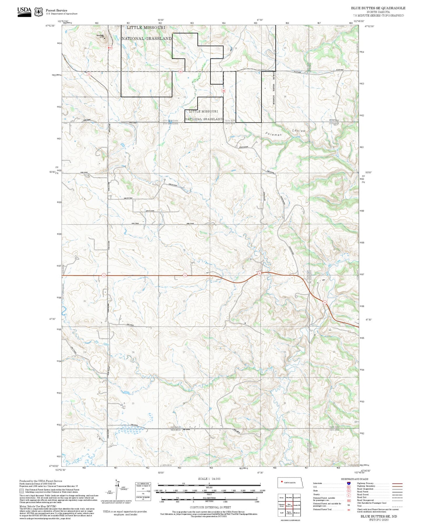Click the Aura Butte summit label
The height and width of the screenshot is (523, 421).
tap(100, 36)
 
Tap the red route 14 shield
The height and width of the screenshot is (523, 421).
tap(89, 74)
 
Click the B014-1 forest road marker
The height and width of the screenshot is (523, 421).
tap(110, 48)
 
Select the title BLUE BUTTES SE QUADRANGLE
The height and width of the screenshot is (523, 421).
tap(378, 8)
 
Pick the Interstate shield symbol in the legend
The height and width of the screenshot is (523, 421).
tap(349, 483)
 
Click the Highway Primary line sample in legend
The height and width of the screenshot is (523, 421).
tap(397, 483)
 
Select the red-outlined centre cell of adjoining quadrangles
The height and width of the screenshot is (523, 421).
tap(289, 505)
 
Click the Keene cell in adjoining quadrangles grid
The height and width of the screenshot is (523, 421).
tap(281, 498)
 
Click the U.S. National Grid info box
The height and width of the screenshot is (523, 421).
tap(143, 492)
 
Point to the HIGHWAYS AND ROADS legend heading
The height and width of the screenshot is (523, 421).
tap(355, 479)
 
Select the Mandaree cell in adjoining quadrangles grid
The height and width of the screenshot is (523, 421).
tap(297, 513)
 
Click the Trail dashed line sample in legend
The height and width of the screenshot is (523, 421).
tap(397, 506)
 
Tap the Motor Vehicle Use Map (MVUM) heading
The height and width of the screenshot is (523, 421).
tap(32, 506)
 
